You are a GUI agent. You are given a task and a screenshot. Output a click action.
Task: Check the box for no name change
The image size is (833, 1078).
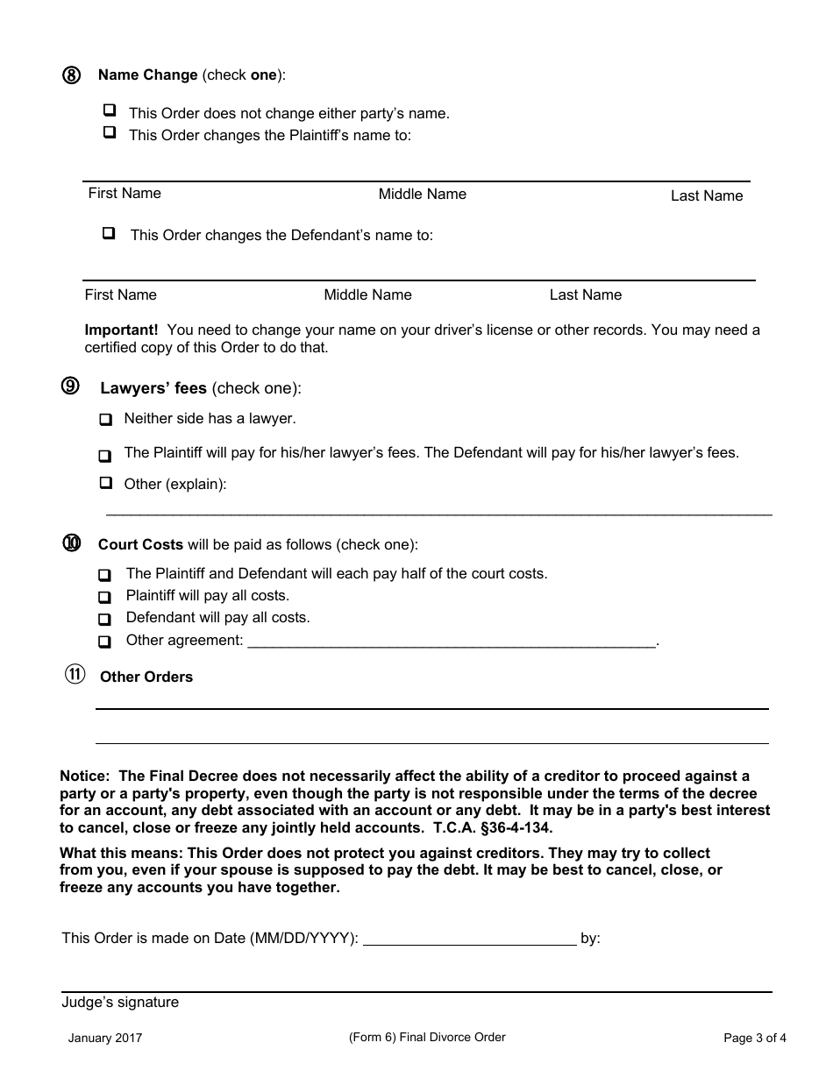(x=110, y=110)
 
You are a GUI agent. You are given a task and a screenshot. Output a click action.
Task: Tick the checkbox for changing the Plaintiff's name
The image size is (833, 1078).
(x=110, y=132)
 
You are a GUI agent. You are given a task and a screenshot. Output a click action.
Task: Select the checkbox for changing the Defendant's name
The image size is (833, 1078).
(x=109, y=233)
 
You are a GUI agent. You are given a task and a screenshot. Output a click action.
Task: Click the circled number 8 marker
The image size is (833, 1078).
(x=71, y=75)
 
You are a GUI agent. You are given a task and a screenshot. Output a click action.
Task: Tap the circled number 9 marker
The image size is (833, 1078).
(x=71, y=387)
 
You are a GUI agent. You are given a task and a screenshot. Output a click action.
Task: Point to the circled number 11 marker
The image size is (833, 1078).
(x=75, y=675)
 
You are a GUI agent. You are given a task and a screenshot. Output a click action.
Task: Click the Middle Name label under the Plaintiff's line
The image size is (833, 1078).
(x=422, y=194)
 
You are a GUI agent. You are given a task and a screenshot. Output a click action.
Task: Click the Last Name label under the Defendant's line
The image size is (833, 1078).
(x=585, y=294)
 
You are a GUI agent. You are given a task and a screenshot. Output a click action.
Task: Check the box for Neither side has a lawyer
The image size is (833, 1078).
(x=105, y=420)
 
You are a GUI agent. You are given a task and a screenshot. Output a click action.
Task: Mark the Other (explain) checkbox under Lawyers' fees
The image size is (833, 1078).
(x=106, y=482)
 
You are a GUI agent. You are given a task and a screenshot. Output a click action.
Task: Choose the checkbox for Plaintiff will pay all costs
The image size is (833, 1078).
(x=105, y=597)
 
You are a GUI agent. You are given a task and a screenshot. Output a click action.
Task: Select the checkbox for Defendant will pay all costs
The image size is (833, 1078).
(x=105, y=619)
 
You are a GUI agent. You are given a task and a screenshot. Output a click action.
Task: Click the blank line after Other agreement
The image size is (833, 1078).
(x=452, y=642)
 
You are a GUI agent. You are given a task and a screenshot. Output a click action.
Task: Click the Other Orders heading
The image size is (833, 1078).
(x=146, y=677)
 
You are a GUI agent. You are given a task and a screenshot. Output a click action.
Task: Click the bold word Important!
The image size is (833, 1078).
(x=121, y=330)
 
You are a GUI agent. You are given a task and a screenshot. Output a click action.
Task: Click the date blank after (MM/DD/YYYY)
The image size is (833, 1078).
(x=469, y=940)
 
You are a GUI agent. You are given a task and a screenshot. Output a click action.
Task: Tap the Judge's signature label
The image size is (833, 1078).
(x=120, y=1002)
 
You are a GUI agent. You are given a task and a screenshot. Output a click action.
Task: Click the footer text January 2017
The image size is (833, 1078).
(x=105, y=1039)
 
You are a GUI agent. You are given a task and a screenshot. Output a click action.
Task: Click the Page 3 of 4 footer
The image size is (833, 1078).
(x=754, y=1039)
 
